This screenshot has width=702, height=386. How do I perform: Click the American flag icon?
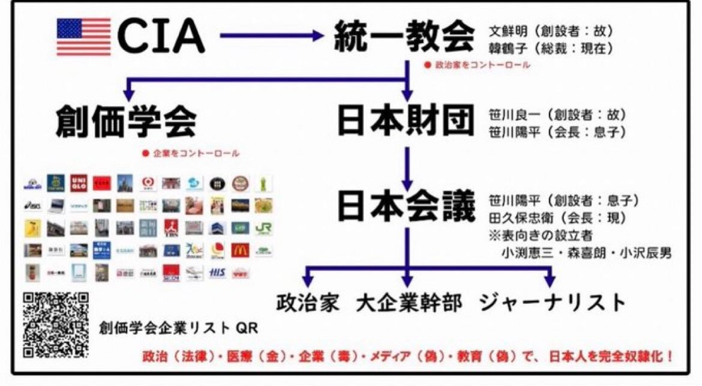(83, 37)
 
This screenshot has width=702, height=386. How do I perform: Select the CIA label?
(161, 37)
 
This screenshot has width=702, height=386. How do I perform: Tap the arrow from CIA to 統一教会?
(271, 36)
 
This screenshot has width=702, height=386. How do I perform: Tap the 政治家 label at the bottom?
(308, 302)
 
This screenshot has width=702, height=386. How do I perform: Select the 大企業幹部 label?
(409, 302)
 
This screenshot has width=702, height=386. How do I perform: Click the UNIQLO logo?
(78, 183)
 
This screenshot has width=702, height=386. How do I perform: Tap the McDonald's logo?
(240, 249)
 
